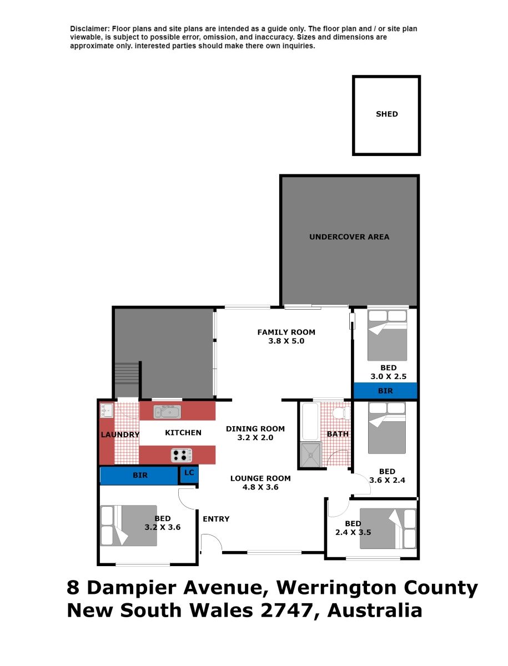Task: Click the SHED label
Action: click(x=386, y=114)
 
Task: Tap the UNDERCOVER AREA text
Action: click(x=349, y=237)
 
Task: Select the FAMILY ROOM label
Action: click(x=286, y=332)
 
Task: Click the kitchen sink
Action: click(x=167, y=412)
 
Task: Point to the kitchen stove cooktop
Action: click(x=181, y=455)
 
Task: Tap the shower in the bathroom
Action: click(x=310, y=455)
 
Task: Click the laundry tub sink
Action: click(x=107, y=411)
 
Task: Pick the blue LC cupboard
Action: click(x=189, y=475)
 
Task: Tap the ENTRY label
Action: click(x=216, y=519)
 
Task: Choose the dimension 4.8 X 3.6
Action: click(x=260, y=487)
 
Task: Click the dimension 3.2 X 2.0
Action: click(x=255, y=438)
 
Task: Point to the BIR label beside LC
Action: click(x=140, y=476)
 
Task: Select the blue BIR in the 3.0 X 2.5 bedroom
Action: click(x=385, y=391)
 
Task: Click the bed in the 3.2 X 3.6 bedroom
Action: click(x=129, y=526)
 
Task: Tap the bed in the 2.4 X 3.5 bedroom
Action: click(x=388, y=529)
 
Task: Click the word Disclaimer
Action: click(x=90, y=29)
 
